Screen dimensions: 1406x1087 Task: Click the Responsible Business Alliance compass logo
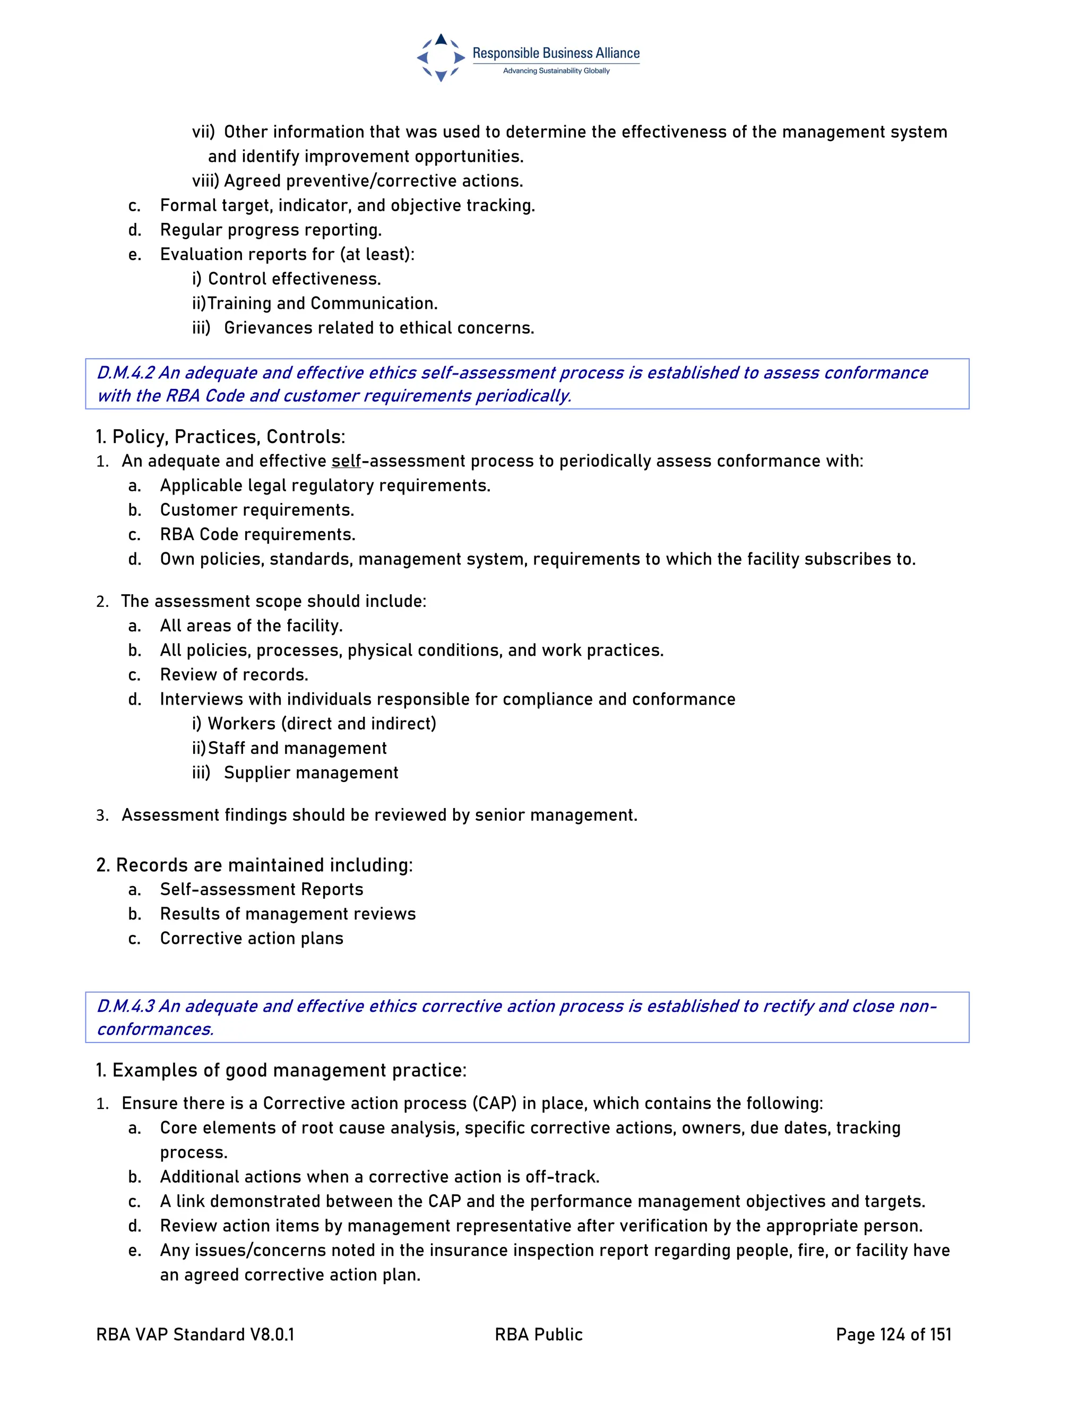coord(441,58)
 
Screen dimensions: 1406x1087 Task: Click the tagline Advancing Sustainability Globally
coord(556,71)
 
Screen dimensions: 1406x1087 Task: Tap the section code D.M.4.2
coord(126,373)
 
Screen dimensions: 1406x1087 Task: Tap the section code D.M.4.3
coord(126,1006)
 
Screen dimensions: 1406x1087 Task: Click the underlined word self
coord(346,461)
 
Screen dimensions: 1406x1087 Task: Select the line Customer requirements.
coord(257,510)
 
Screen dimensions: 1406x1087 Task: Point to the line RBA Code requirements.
coord(257,534)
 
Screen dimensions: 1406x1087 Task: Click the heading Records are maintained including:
coord(254,865)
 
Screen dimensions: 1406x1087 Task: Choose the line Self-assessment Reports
coord(262,889)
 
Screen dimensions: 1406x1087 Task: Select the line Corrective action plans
coord(252,938)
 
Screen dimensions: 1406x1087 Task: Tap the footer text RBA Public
coord(538,1334)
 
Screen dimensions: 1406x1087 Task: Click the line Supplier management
coord(311,773)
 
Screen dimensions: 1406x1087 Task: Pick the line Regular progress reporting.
coord(271,230)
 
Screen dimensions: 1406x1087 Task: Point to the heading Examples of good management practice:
coord(281,1070)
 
